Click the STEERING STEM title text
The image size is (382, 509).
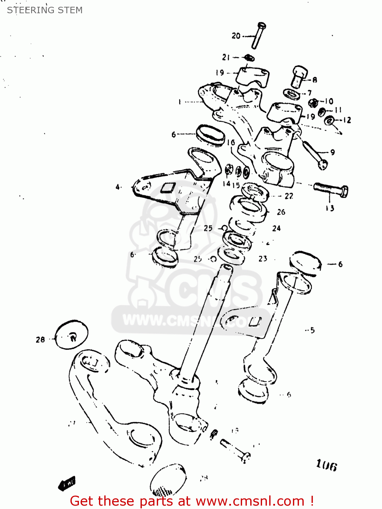[45, 10]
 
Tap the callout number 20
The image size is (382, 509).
[236, 36]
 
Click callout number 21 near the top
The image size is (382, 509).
[226, 57]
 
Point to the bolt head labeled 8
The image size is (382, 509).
[299, 76]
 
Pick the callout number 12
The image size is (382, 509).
[347, 120]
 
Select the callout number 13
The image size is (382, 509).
[330, 208]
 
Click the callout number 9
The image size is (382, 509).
[333, 152]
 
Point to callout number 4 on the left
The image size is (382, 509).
[118, 187]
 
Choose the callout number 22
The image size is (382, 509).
[289, 196]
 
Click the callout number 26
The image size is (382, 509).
[281, 212]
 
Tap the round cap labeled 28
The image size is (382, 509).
[71, 334]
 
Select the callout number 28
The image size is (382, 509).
[40, 339]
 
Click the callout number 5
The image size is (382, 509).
[312, 330]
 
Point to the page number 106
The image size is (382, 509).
[326, 465]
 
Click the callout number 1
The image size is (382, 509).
[179, 101]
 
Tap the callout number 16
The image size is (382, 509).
[231, 143]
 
